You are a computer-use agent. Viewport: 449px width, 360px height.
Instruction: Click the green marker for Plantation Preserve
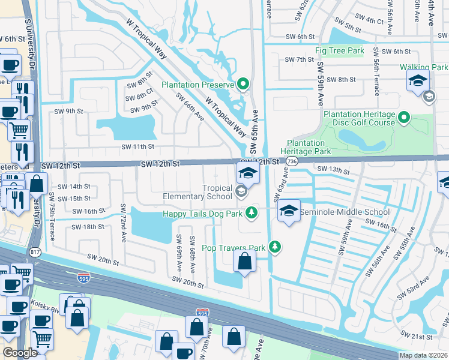pos(243,85)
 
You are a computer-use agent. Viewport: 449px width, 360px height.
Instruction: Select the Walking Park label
pos(425,68)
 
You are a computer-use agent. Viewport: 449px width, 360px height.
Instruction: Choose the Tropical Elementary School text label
pos(197,192)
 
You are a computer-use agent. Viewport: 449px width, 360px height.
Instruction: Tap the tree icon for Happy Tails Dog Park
pos(253,212)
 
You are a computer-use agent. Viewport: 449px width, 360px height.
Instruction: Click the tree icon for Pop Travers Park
pos(274,247)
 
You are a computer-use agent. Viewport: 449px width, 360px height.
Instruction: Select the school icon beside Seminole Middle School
pos(289,212)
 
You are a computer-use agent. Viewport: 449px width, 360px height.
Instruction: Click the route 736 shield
pos(292,162)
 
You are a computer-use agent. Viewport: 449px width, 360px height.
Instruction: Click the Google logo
pos(20,353)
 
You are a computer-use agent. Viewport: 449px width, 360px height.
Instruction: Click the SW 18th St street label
pos(88,227)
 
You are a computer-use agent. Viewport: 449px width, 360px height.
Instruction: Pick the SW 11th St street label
pos(137,146)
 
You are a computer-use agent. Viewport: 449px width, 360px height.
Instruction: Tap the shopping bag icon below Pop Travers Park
pos(244,261)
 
